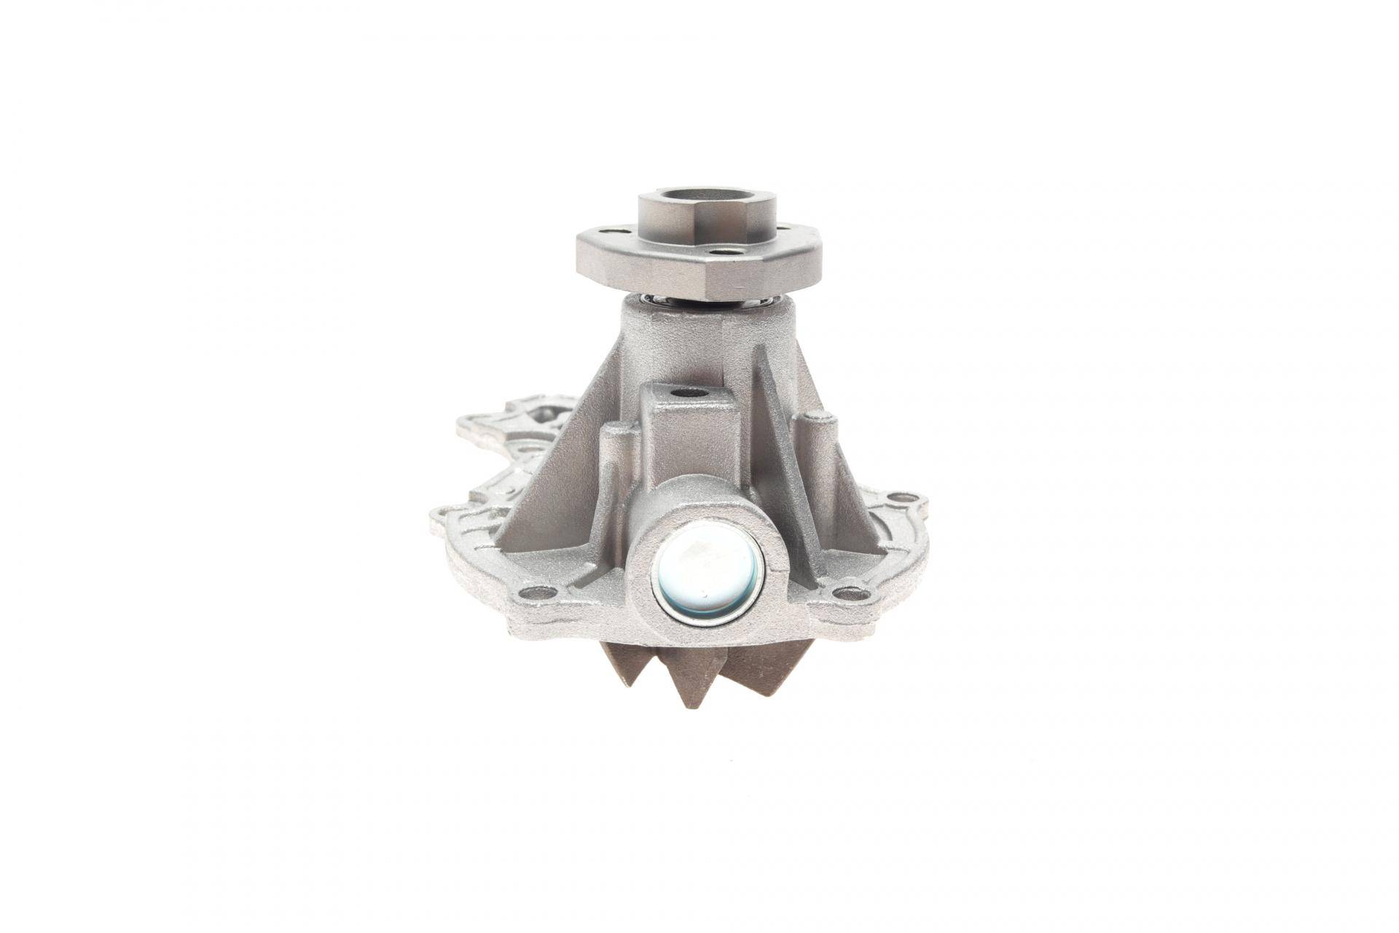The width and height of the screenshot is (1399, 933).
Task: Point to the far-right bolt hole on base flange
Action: coord(906,499)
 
